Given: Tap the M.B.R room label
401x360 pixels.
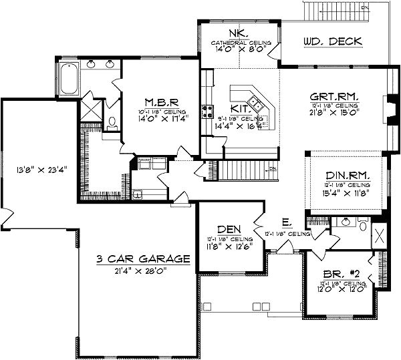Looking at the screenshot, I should [158, 103].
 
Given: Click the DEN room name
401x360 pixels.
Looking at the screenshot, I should [226, 229].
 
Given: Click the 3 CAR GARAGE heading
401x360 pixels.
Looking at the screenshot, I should [143, 260].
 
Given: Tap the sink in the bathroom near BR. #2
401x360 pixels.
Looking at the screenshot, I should [346, 223].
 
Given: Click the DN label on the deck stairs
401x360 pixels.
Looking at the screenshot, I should [364, 8].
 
